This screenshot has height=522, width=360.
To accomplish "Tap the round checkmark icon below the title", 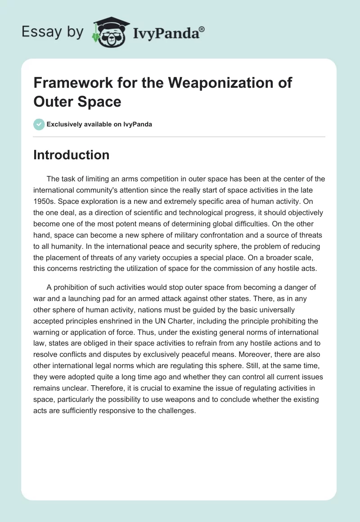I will [39, 124].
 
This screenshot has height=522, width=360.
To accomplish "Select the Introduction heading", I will [72, 155].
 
